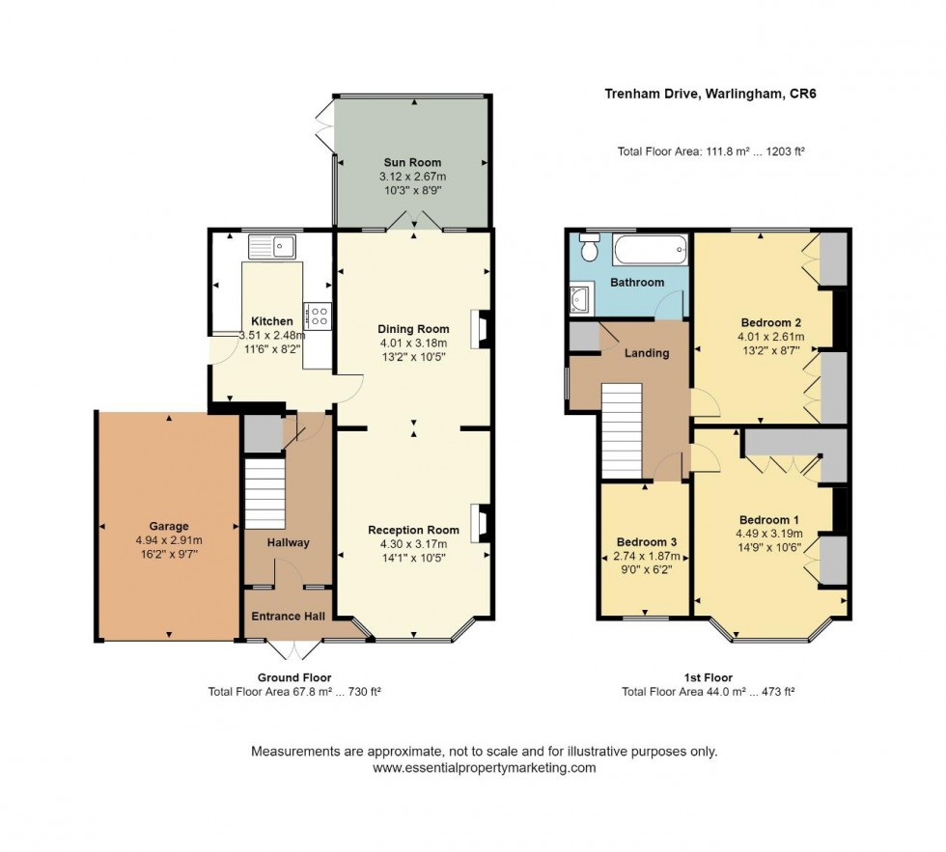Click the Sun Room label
tap(413, 162)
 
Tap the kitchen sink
tap(272, 247)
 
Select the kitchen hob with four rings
tap(318, 316)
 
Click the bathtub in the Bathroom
tap(651, 249)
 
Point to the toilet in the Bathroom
tap(588, 247)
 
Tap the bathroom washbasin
tap(581, 298)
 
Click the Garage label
tap(169, 526)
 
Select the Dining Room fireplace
tap(482, 329)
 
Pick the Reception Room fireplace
tap(482, 523)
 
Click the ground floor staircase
tap(264, 494)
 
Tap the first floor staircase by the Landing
tap(622, 431)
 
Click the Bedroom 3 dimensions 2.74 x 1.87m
tap(647, 556)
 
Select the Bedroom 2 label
tap(771, 322)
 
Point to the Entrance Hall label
tap(289, 617)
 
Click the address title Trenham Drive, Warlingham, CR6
tap(710, 94)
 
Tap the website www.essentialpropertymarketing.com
tap(484, 768)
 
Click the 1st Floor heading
tap(709, 677)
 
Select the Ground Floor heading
tap(294, 677)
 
